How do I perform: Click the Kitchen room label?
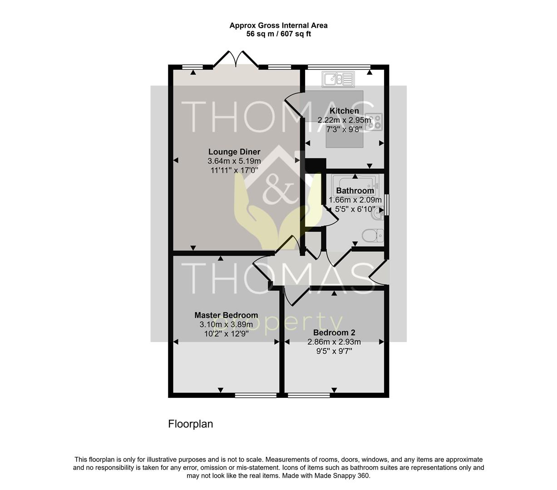pos(344,111)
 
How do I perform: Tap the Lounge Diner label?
pos(234,152)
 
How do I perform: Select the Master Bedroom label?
pos(226,315)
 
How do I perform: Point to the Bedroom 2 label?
pos(334,333)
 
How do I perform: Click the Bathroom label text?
pos(355,191)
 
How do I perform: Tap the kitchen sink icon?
pos(339,79)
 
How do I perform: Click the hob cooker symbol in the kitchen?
pos(377,120)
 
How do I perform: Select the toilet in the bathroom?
pos(373,236)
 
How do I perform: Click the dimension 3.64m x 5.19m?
pos(234,162)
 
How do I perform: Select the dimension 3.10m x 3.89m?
pos(226,324)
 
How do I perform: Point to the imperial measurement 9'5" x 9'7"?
pos(334,351)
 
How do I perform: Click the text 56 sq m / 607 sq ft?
pos(278,34)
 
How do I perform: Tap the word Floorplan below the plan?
pos(191,424)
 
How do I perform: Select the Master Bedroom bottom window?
pos(256,396)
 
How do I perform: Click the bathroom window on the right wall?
pos(387,205)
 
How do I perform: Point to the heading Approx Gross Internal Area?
pos(278,25)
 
